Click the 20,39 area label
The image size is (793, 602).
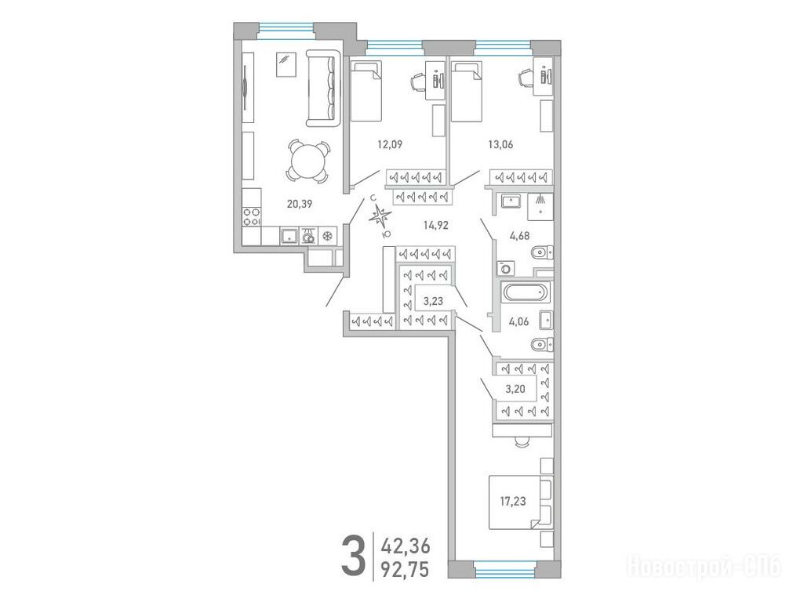[300, 205]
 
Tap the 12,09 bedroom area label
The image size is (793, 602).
[389, 144]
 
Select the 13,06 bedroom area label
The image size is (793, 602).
[500, 144]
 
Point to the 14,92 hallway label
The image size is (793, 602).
[436, 225]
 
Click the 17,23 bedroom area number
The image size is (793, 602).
[513, 502]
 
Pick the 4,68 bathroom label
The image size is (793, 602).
[519, 235]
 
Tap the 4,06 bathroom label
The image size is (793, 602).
[519, 321]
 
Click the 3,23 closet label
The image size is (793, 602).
[433, 301]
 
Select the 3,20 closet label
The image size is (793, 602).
[515, 389]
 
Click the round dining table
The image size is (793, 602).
[308, 161]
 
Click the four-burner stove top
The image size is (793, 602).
[251, 217]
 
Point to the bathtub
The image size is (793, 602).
[523, 293]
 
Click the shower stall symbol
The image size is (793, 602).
[540, 206]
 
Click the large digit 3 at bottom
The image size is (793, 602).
[353, 557]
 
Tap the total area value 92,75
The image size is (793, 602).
[406, 570]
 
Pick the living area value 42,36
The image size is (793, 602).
[406, 546]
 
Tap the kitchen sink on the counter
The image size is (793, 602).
[289, 236]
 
